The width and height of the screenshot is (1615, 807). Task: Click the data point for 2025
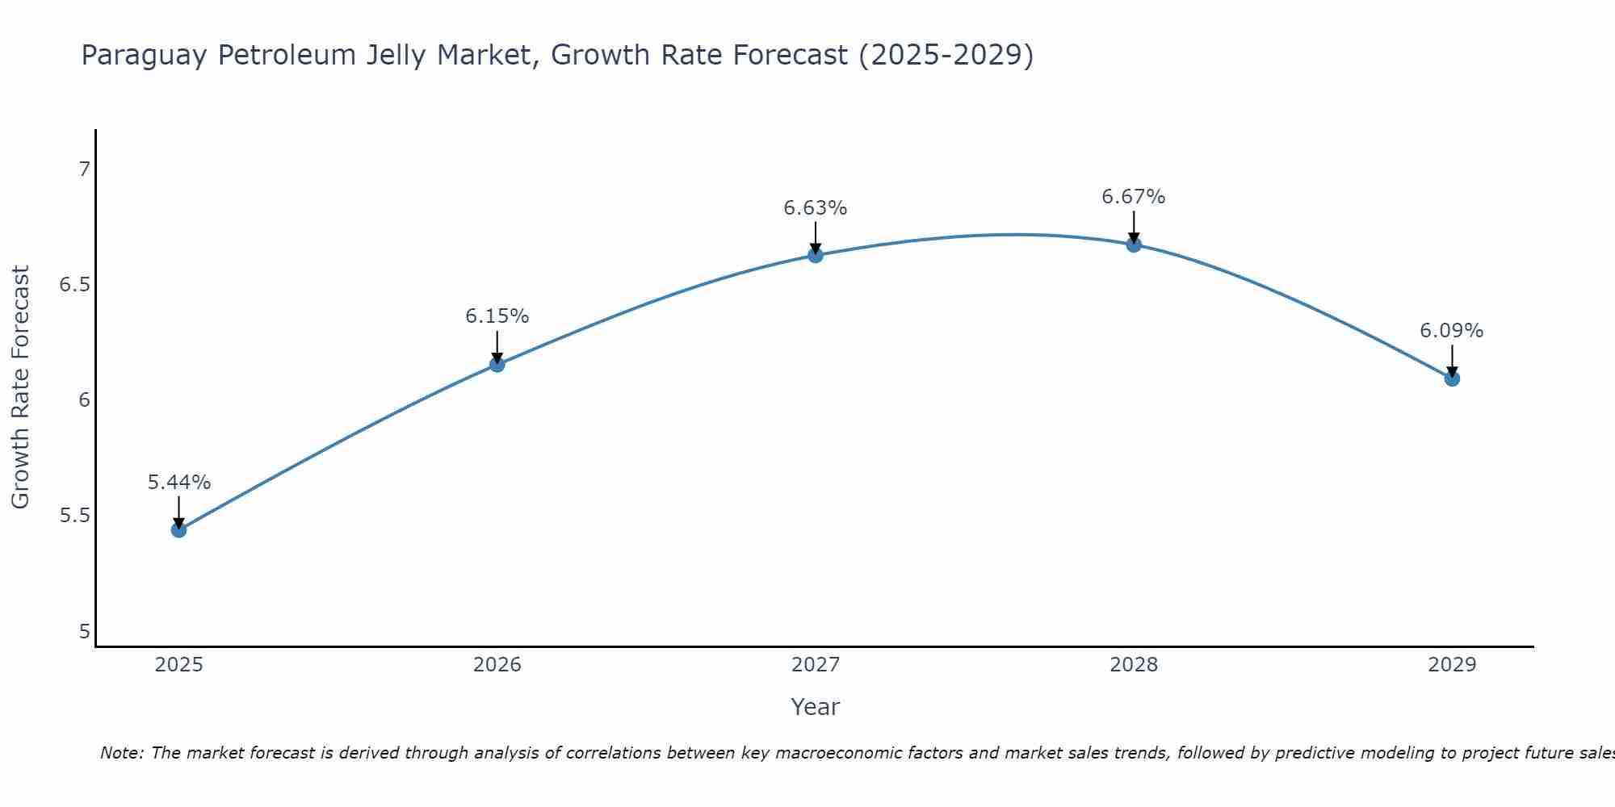click(x=178, y=530)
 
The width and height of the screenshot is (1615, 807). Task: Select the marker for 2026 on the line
click(x=497, y=365)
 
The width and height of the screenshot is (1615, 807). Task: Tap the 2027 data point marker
click(x=816, y=256)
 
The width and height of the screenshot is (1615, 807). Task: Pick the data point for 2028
click(x=1134, y=245)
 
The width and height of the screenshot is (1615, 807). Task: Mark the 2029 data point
click(x=1452, y=378)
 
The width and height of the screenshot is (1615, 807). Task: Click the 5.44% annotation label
click(x=178, y=483)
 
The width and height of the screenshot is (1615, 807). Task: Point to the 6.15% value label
click(x=497, y=316)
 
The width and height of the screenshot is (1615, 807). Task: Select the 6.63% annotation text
click(x=816, y=208)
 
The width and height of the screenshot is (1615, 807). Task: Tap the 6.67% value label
click(x=1134, y=197)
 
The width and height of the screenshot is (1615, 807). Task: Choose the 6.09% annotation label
click(x=1452, y=331)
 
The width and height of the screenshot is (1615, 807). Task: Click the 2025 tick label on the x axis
click(x=178, y=665)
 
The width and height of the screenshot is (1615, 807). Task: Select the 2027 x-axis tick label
click(x=816, y=665)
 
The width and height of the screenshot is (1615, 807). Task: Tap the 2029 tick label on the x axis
click(x=1452, y=665)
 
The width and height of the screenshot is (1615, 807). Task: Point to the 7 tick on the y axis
click(x=84, y=169)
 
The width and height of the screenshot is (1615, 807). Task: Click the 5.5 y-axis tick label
click(x=75, y=516)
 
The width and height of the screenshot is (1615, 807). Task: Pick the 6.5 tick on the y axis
click(x=75, y=285)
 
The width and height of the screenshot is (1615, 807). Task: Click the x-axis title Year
click(x=816, y=707)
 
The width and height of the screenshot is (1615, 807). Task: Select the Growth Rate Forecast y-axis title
click(x=20, y=387)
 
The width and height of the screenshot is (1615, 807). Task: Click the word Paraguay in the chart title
click(x=142, y=56)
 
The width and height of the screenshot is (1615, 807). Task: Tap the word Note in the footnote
click(x=121, y=753)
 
